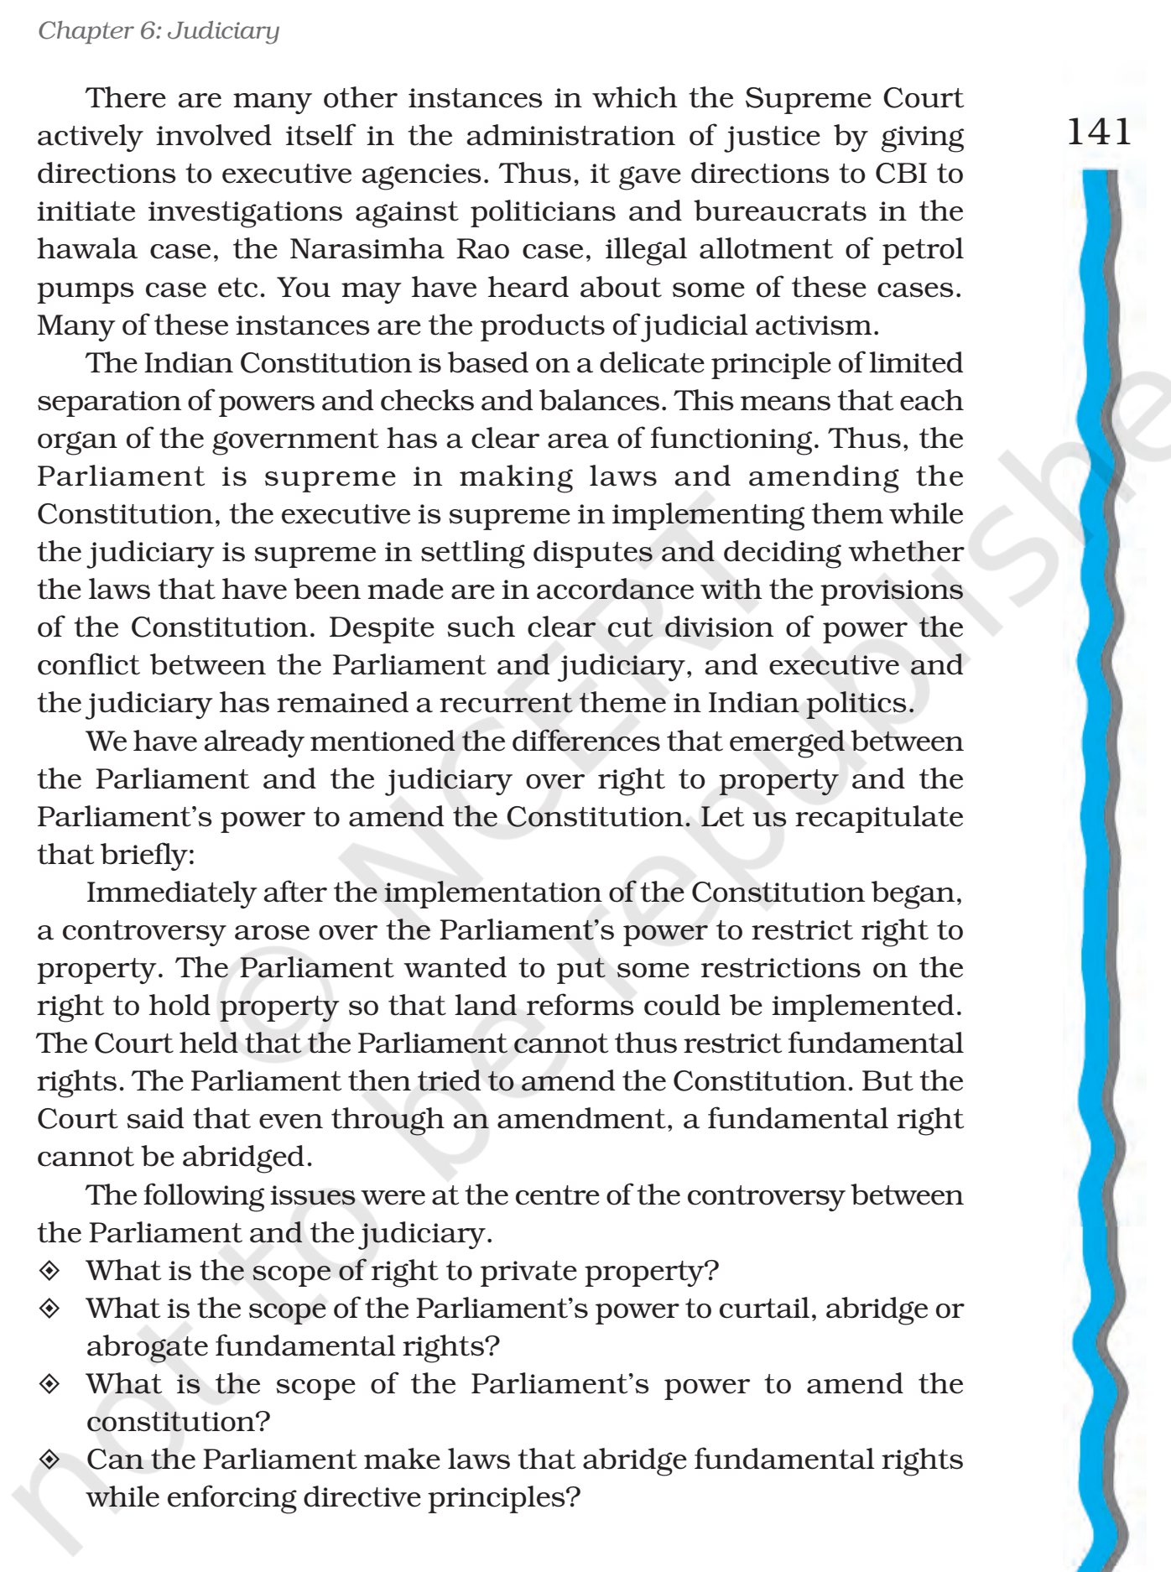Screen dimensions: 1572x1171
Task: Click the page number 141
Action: [x=1098, y=133]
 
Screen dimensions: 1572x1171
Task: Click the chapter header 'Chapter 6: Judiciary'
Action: [x=159, y=32]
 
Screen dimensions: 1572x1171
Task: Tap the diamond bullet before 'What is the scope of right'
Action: [x=49, y=1272]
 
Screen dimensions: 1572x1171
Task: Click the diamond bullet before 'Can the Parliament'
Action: [x=49, y=1460]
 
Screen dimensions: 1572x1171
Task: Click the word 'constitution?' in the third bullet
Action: [x=178, y=1423]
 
